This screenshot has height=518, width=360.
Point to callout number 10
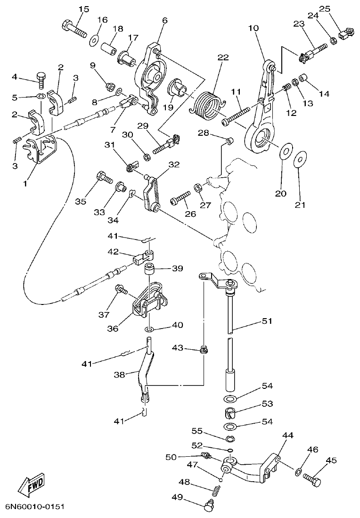[254, 28]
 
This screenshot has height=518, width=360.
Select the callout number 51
[267, 321]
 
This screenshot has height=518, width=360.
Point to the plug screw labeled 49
[208, 507]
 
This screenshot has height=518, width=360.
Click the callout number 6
[164, 21]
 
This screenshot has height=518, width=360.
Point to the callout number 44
[287, 436]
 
